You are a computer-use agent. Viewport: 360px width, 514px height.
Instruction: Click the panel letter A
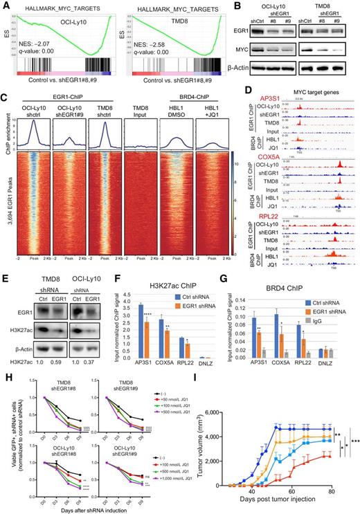[5, 6]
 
